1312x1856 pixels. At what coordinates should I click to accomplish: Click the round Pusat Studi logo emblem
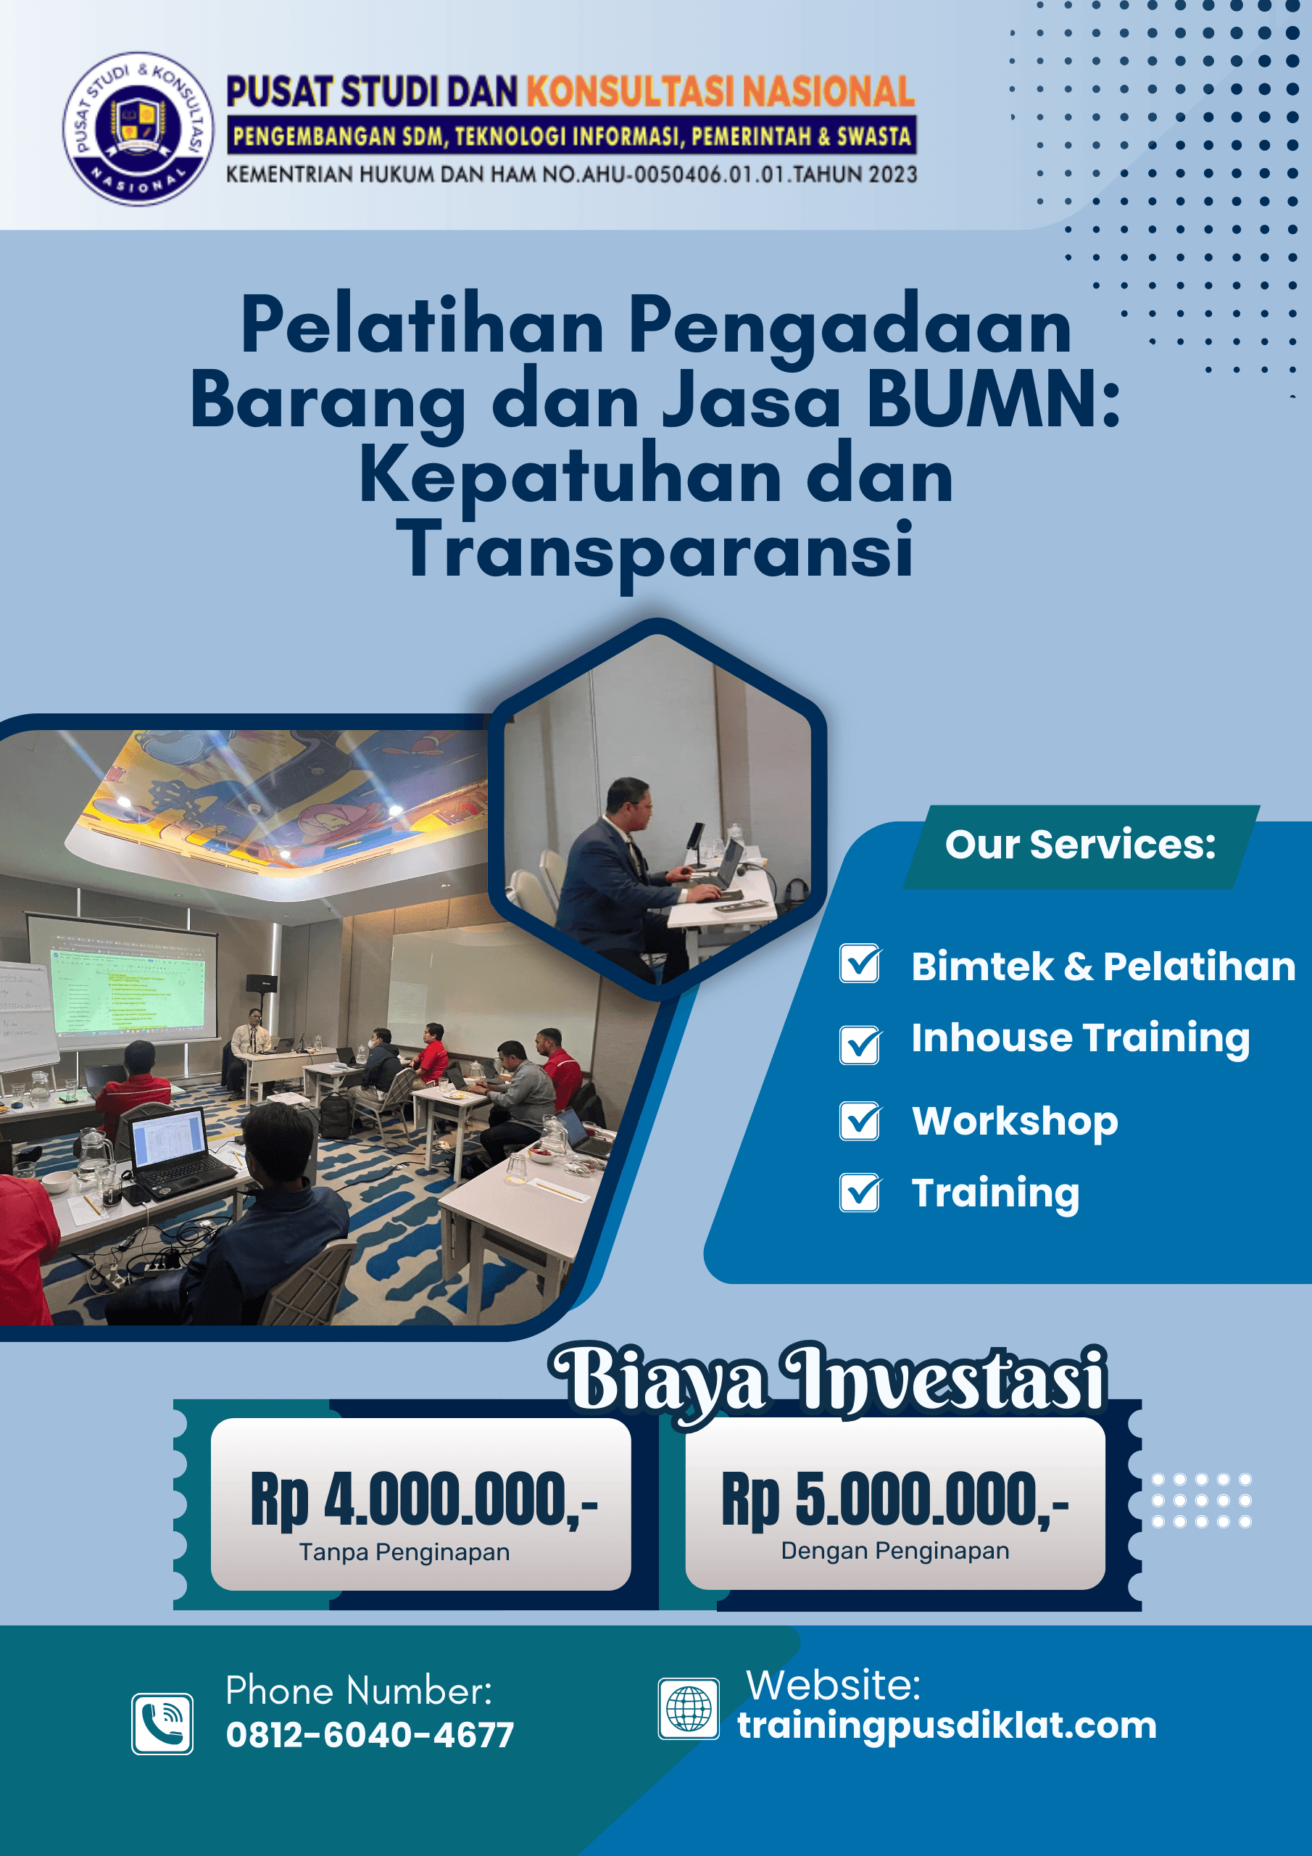tap(138, 128)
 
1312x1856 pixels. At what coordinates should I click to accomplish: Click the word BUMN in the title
tap(994, 399)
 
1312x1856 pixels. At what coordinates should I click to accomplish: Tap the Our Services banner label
tap(1080, 845)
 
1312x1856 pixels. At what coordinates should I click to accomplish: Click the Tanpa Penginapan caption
tap(404, 1552)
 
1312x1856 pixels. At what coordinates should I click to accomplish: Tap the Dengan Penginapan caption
tap(895, 1551)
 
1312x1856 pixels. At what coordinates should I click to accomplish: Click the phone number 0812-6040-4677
tap(370, 1735)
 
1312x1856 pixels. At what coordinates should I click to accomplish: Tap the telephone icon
tap(162, 1724)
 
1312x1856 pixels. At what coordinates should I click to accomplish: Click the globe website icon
tap(689, 1709)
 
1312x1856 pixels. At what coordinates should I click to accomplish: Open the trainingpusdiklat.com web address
tap(947, 1725)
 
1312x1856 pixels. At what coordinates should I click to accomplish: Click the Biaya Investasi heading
tap(828, 1380)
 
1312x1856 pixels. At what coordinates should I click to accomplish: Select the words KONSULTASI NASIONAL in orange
tap(721, 91)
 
